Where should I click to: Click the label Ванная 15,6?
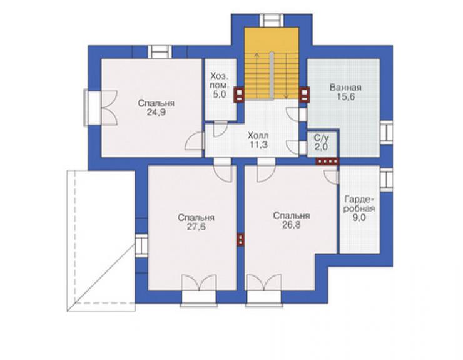tap(345, 92)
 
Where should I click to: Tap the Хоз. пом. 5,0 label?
tap(220, 85)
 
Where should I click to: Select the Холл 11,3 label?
tap(258, 140)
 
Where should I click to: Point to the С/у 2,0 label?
tap(321, 143)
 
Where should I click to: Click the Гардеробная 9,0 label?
tap(359, 208)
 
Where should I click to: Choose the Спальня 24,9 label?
tap(156, 108)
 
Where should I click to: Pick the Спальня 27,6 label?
tap(196, 222)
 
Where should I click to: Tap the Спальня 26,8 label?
tap(292, 220)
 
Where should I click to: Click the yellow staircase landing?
tap(272, 40)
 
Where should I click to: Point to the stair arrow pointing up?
tap(257, 75)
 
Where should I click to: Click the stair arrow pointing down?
tap(286, 75)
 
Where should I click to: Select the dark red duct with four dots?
tap(327, 162)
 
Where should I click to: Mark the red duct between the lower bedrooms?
tap(241, 239)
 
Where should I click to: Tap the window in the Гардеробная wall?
tap(387, 179)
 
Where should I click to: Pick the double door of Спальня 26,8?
tap(263, 290)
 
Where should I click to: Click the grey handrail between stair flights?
tap(272, 76)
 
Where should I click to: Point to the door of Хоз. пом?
tap(220, 129)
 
